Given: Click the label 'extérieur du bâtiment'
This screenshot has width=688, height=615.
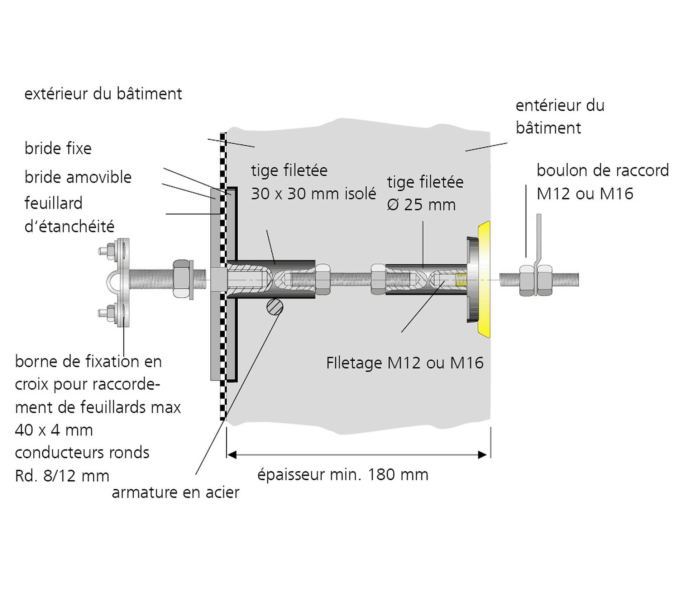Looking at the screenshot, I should tap(103, 94).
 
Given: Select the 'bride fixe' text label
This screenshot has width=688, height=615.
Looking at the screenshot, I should tap(58, 148).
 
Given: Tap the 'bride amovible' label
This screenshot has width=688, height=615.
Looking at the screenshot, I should tap(78, 177).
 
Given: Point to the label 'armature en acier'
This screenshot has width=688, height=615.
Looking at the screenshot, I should tap(176, 493).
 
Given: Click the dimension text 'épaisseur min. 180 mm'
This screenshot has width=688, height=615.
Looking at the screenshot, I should tap(343, 475).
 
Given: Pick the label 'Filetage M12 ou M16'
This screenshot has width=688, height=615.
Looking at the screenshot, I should tap(405, 363).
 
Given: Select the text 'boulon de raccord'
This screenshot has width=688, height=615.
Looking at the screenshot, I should tap(603, 170).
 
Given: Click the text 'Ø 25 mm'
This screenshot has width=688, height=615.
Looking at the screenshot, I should tap(421, 205).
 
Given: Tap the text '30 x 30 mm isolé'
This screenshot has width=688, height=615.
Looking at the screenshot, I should tap(314, 194).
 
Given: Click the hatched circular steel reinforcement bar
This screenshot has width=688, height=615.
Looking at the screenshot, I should tap(275, 307).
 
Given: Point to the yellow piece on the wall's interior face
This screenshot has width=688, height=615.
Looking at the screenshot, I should tap(484, 279).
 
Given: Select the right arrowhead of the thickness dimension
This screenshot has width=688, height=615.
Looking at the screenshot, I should tap(482, 455).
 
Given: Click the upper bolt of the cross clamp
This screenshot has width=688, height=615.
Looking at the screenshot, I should tap(106, 250).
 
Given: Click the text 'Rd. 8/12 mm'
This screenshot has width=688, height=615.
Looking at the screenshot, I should tap(62, 476).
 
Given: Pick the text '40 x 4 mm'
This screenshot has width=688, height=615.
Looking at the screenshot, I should tap(54, 430).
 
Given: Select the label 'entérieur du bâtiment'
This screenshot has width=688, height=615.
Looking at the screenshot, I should tap(560, 116).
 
